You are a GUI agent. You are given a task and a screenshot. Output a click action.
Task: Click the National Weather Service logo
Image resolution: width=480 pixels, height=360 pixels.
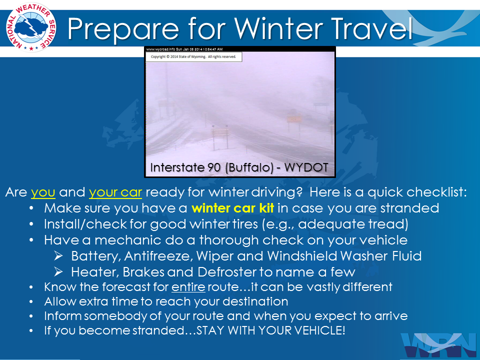(31, 27)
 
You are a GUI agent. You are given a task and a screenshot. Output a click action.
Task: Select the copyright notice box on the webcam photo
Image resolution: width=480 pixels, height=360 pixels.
(194, 56)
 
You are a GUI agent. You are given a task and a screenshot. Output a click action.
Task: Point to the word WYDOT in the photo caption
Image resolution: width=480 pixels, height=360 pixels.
(306, 167)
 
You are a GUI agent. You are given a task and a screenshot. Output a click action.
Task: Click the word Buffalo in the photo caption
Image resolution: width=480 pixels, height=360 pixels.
(249, 168)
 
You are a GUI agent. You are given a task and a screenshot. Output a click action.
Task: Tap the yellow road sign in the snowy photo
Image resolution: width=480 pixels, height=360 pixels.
(294, 118)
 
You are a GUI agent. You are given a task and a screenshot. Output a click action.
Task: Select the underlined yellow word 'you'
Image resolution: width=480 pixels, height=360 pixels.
(43, 192)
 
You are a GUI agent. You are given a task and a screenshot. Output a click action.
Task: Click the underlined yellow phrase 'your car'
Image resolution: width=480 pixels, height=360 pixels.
(115, 192)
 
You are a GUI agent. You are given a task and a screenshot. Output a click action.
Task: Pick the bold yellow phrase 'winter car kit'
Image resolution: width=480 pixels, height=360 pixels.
(232, 208)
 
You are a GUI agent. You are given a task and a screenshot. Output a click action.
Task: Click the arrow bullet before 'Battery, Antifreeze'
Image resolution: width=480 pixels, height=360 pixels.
(58, 256)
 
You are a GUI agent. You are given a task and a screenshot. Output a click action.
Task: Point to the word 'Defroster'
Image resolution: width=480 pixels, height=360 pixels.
(227, 272)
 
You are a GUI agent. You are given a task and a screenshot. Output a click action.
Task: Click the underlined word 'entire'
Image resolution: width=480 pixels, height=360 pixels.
(188, 287)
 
